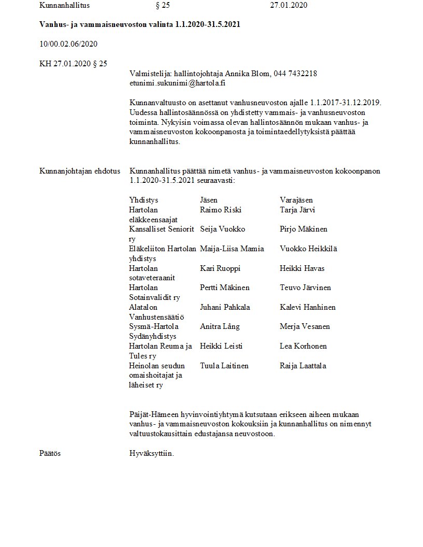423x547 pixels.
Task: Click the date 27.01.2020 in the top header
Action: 289,5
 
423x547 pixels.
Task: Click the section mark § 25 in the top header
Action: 163,5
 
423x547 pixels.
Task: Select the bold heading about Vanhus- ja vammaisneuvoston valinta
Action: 139,25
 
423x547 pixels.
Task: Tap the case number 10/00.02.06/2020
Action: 68,44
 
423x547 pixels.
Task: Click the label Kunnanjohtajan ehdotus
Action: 80,171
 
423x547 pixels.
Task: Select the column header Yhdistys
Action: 144,200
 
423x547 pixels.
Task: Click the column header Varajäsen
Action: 296,200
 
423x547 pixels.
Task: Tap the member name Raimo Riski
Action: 220,210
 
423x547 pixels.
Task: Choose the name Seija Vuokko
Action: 222,229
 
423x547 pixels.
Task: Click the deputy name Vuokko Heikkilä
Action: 308,249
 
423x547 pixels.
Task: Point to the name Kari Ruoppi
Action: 220,268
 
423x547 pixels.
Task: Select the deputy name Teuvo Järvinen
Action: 305,287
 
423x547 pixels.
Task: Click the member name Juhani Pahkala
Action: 225,307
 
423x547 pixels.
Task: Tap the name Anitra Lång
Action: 220,326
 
